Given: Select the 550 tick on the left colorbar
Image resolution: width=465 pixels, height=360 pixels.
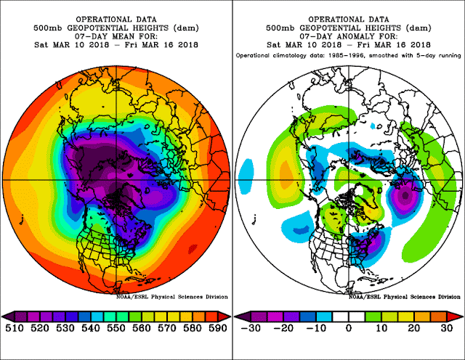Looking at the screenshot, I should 116,329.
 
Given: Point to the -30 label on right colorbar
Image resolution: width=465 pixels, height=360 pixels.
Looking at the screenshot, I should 251,329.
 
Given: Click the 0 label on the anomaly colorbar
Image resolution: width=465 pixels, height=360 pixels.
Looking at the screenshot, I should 348,329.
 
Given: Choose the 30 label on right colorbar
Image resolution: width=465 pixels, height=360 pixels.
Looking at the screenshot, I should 445,329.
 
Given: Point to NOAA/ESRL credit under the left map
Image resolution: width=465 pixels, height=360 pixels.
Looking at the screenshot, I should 171,297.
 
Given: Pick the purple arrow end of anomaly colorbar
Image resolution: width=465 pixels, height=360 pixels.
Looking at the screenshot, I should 240,316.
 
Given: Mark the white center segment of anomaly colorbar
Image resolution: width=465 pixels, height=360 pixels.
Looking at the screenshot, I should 348,316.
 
